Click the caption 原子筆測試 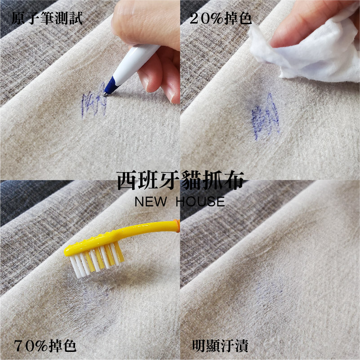[47, 18]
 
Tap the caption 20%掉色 [221, 18]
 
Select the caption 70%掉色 [45, 346]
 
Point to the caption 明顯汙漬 [220, 346]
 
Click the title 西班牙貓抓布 [181, 181]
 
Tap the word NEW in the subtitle [151, 202]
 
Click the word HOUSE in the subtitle [200, 202]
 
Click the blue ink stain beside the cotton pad [265, 117]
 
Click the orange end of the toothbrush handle [177, 226]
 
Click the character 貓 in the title [191, 181]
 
